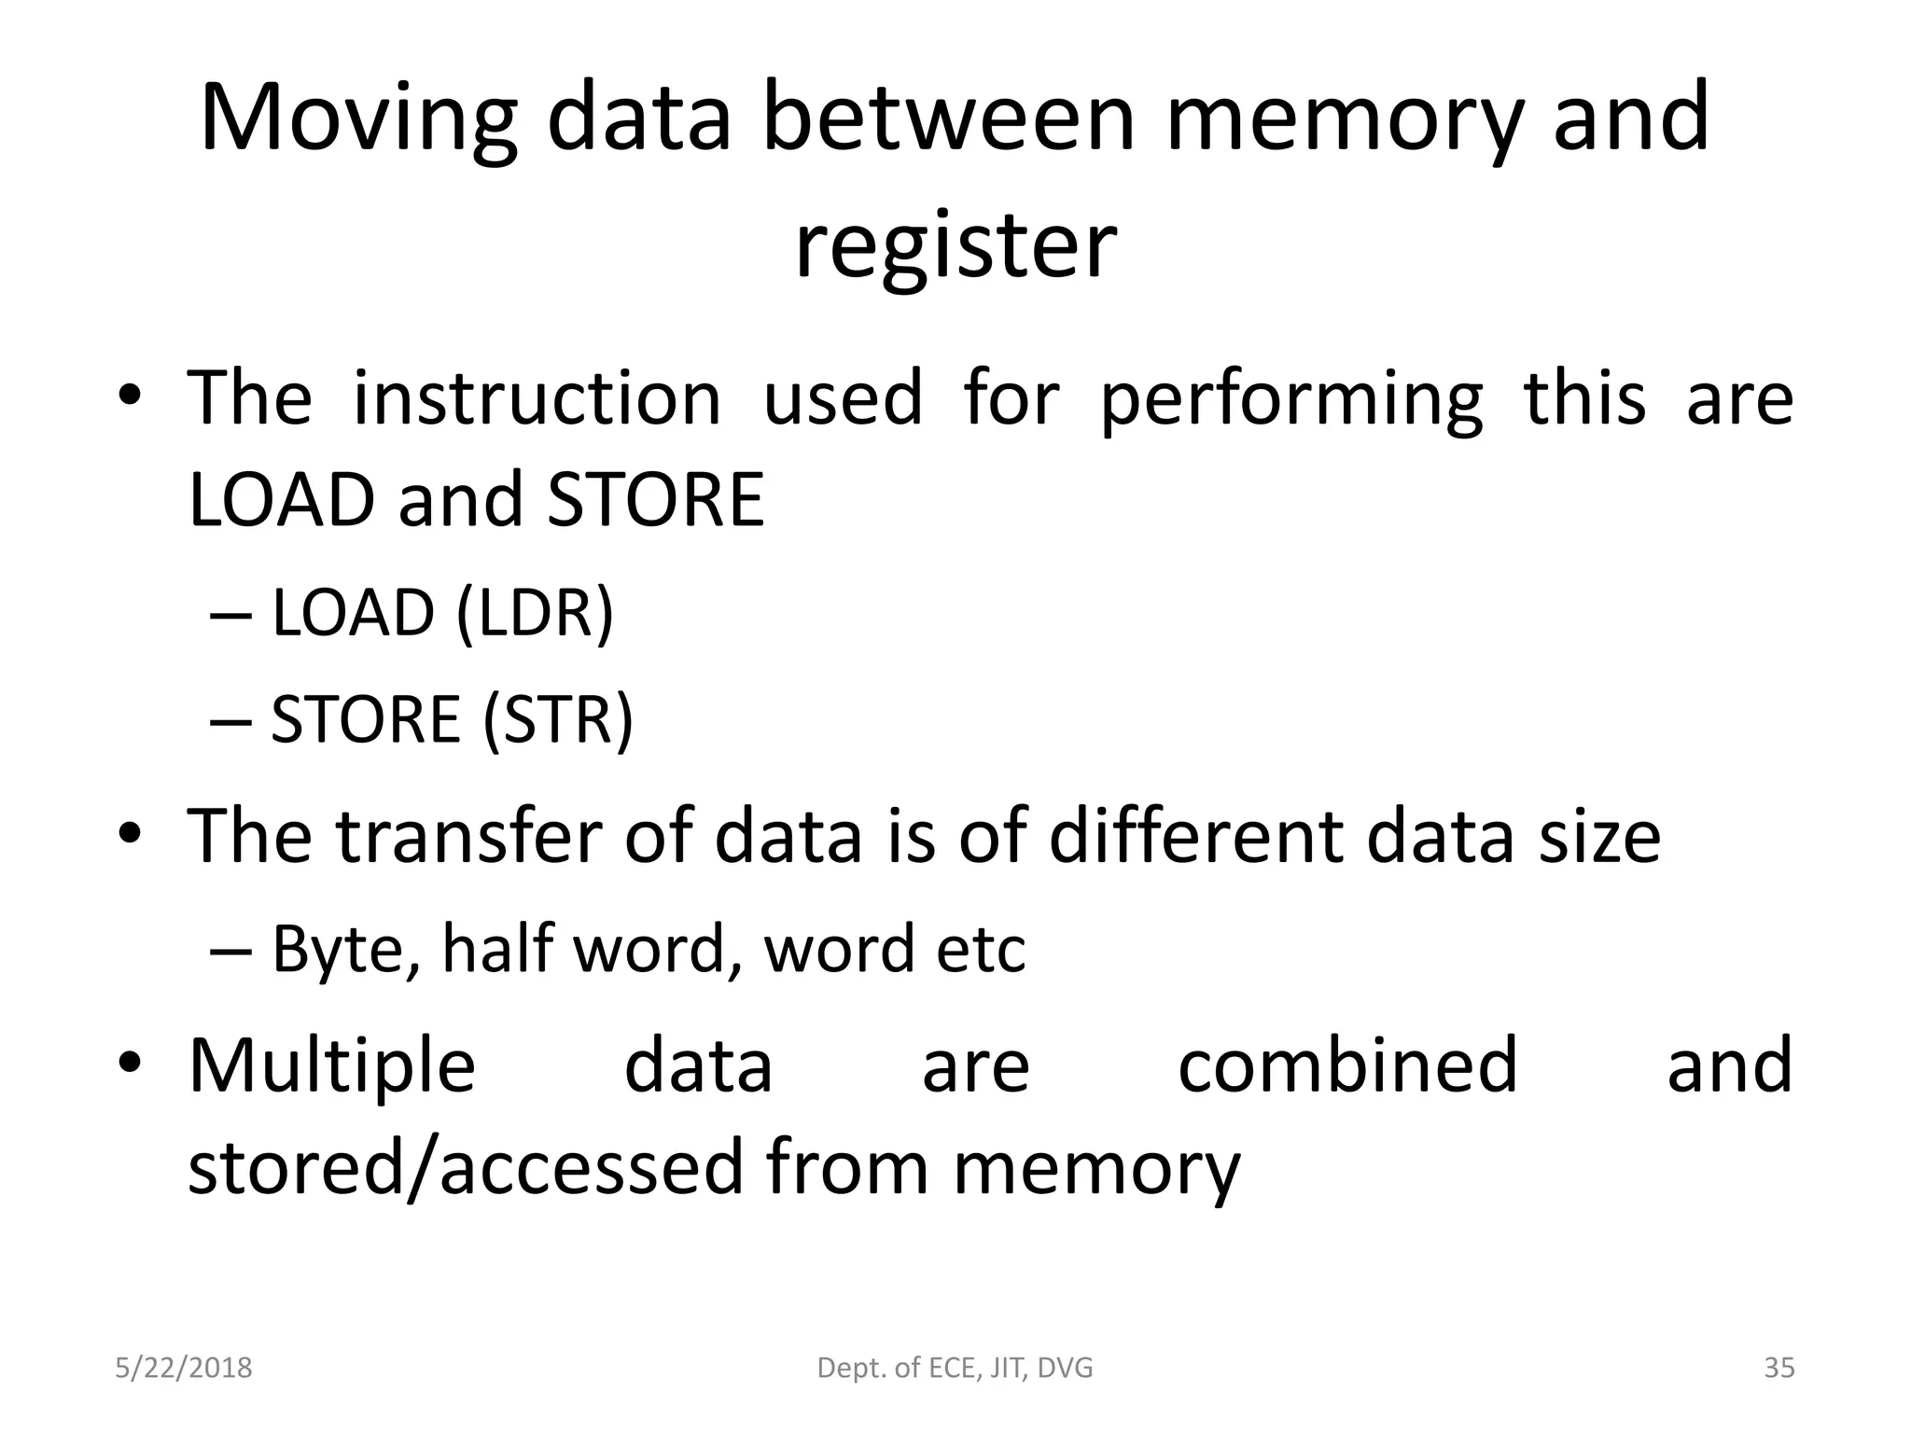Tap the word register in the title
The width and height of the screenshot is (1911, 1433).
tap(955, 245)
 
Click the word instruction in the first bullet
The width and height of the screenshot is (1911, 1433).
tap(537, 398)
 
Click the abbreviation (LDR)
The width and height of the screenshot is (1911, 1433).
tap(536, 613)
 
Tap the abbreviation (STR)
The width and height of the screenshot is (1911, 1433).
tap(558, 718)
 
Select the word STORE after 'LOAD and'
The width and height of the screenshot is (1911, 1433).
tap(655, 500)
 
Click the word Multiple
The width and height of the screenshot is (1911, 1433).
tap(331, 1065)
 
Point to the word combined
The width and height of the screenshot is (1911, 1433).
tap(1347, 1065)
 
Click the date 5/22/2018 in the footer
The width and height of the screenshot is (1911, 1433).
tap(184, 1368)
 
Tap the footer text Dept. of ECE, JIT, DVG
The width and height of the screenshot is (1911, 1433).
tap(955, 1368)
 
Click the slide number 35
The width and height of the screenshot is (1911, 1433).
tap(1778, 1368)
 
